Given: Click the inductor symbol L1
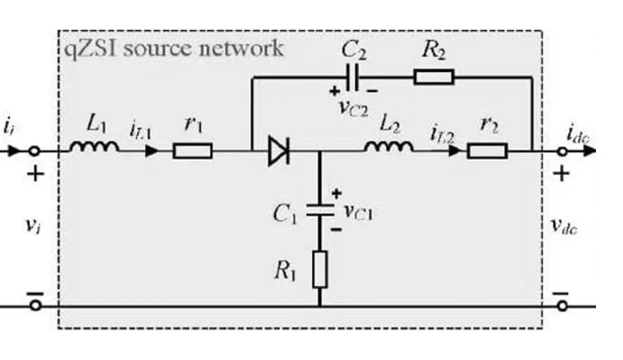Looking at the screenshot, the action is pyautogui.click(x=94, y=147).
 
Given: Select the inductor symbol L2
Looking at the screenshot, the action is pyautogui.click(x=389, y=147).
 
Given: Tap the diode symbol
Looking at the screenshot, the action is pyautogui.click(x=279, y=151).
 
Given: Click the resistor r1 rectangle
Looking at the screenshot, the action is pyautogui.click(x=193, y=152).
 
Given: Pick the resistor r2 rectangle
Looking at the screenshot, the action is pyautogui.click(x=487, y=152).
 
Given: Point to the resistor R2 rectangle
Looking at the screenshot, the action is pyautogui.click(x=434, y=77).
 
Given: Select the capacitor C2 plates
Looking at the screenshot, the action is pyautogui.click(x=353, y=78).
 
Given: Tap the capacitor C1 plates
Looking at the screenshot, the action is pyautogui.click(x=320, y=210).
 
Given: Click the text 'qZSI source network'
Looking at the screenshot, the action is pyautogui.click(x=174, y=49).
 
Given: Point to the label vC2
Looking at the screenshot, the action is pyautogui.click(x=353, y=107).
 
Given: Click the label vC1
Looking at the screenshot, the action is pyautogui.click(x=359, y=211).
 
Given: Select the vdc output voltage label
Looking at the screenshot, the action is pyautogui.click(x=563, y=226).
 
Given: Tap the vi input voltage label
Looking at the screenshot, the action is pyautogui.click(x=32, y=226).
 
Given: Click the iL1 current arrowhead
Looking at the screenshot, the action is pyautogui.click(x=151, y=152).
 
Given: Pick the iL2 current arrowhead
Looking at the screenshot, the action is pyautogui.click(x=454, y=152).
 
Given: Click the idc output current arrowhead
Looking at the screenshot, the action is pyautogui.click(x=590, y=152).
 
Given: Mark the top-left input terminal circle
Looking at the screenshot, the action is pyautogui.click(x=35, y=152).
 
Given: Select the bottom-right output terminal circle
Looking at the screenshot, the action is pyautogui.click(x=562, y=306).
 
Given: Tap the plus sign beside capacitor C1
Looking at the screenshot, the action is pyautogui.click(x=336, y=194).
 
